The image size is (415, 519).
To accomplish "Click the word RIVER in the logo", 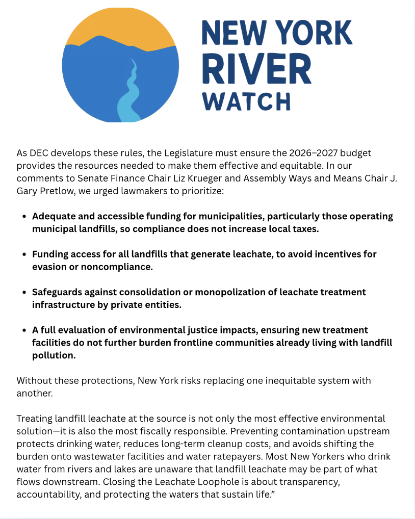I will coord(256,68).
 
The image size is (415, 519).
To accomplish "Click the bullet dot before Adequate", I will coord(24,217).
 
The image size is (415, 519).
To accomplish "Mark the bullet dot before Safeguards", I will coord(24,293).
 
